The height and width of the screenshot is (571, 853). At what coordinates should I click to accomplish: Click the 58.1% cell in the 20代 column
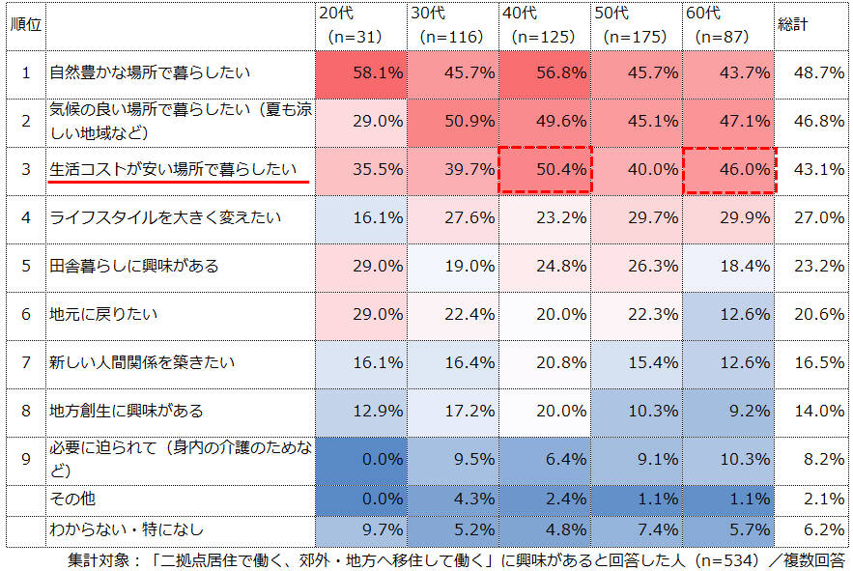point(362,73)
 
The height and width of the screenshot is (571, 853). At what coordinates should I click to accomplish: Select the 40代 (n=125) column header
point(545,25)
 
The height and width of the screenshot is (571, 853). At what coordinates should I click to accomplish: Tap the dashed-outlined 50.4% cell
point(545,170)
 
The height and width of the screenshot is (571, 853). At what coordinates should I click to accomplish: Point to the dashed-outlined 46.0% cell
point(729,170)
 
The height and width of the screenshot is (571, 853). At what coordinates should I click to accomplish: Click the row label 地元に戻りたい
point(97,314)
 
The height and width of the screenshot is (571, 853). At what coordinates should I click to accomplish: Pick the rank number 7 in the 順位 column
point(26,362)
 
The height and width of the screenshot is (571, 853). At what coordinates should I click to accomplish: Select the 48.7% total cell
point(810,73)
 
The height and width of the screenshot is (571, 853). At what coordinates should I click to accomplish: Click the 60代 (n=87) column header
point(728,25)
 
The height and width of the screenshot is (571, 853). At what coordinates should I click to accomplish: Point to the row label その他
point(72,499)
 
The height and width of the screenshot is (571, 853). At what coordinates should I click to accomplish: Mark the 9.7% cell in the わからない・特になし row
point(362,529)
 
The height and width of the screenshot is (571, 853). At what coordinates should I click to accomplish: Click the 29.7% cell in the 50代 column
point(638,218)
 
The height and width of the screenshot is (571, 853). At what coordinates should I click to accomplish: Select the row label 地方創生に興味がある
point(127,411)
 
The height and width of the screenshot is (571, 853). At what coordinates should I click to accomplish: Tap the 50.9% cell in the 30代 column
point(453,122)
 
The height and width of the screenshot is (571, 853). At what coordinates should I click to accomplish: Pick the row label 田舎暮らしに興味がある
point(134,266)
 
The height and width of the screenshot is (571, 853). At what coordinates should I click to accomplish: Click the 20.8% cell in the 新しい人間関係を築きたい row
point(545,363)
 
